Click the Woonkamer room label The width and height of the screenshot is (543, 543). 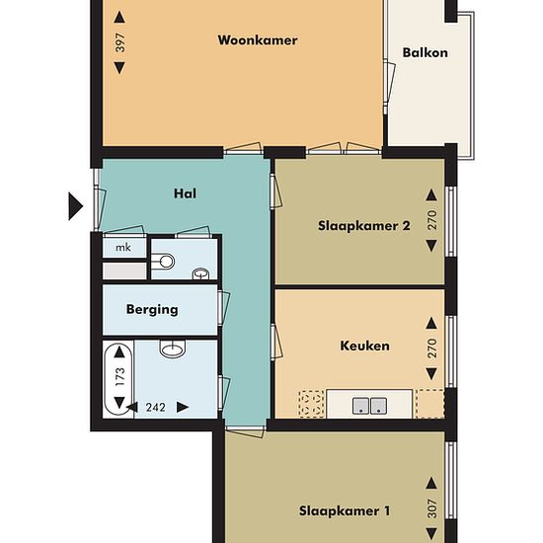coord(258,40)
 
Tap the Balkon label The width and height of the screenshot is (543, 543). coord(425,52)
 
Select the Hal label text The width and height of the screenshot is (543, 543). coord(185,194)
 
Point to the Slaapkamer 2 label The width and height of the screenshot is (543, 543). coord(364,226)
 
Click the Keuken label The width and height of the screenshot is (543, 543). coord(364,346)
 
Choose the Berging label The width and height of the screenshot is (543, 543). coord(152,309)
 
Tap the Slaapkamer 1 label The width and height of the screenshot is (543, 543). coord(345,510)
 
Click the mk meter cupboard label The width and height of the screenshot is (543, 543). coord(123,247)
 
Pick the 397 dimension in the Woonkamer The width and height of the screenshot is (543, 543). coord(119,42)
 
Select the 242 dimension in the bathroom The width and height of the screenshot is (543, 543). coord(155,407)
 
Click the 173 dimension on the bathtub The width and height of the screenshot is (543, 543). coord(119,377)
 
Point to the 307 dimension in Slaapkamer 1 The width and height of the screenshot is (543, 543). coord(431,508)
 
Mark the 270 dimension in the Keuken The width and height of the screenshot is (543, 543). coord(431,349)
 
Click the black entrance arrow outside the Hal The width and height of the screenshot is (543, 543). coord(75,206)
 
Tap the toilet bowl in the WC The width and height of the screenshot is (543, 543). coord(163,261)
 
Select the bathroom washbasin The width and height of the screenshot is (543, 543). coord(173,349)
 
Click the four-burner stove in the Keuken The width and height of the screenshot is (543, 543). coord(311,404)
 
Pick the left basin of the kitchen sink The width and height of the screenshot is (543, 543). coord(360,406)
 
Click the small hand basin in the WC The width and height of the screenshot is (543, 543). coord(200,273)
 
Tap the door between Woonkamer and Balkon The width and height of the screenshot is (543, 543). coord(389,82)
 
